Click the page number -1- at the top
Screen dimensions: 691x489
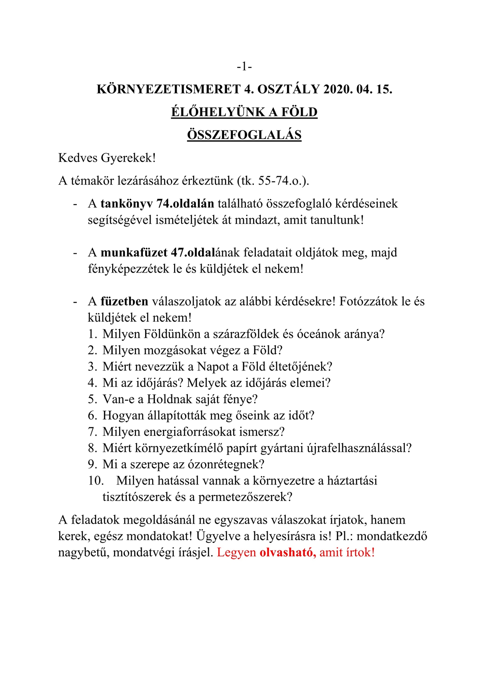(244, 67)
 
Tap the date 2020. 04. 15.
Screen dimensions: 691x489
(358, 89)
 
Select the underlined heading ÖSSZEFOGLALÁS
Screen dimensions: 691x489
(244, 135)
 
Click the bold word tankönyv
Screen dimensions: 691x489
(127, 203)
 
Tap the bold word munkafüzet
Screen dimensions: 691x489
(134, 252)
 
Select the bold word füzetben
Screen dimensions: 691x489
(124, 301)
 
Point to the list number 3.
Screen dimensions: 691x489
(92, 367)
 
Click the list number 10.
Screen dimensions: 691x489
(96, 481)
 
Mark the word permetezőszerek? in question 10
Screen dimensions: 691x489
(245, 497)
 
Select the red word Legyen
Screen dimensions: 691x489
(237, 552)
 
